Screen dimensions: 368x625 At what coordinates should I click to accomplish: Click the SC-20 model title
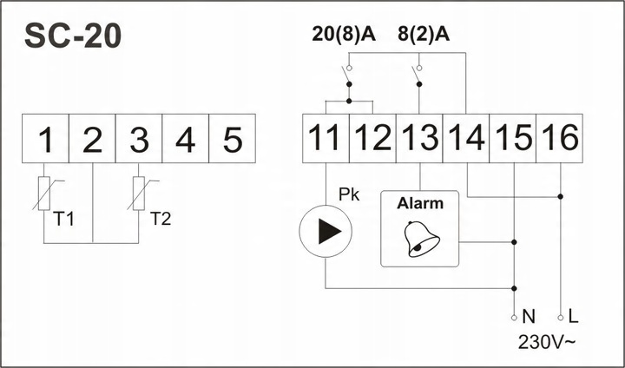[x=73, y=36]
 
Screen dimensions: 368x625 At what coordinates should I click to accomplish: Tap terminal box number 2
[x=92, y=138]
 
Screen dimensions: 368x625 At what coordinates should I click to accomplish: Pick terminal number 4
[x=186, y=138]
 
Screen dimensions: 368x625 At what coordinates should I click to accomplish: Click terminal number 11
[x=326, y=138]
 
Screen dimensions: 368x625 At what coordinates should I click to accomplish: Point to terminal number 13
[x=419, y=138]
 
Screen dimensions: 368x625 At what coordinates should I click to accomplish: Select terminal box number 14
[x=466, y=138]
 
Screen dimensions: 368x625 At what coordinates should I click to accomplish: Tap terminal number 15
[x=513, y=138]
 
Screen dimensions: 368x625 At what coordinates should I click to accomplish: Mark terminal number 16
[x=560, y=138]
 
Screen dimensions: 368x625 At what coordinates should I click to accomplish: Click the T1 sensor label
[x=64, y=218]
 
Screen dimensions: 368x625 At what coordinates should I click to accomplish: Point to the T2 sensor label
[x=161, y=218]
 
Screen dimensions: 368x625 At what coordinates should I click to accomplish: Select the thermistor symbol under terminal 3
[x=139, y=193]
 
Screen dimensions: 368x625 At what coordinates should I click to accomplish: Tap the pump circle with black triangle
[x=326, y=233]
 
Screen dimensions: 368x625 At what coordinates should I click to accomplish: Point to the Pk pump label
[x=349, y=195]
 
